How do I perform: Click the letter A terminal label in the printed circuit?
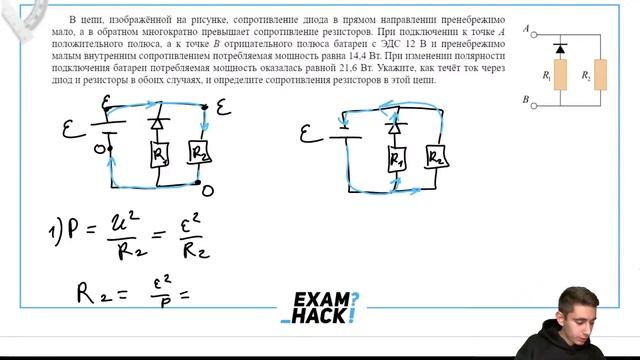(x=526, y=31)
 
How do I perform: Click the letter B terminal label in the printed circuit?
(x=526, y=101)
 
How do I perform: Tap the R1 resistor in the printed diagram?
(x=561, y=74)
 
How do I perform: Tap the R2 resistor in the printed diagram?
(x=599, y=74)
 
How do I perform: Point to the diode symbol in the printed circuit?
(x=561, y=47)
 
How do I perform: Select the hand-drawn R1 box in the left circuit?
(x=160, y=154)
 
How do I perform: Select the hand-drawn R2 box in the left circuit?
(x=201, y=153)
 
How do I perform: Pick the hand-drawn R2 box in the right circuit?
(x=437, y=156)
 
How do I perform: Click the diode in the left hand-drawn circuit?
(x=157, y=124)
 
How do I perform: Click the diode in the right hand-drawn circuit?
(x=395, y=127)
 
